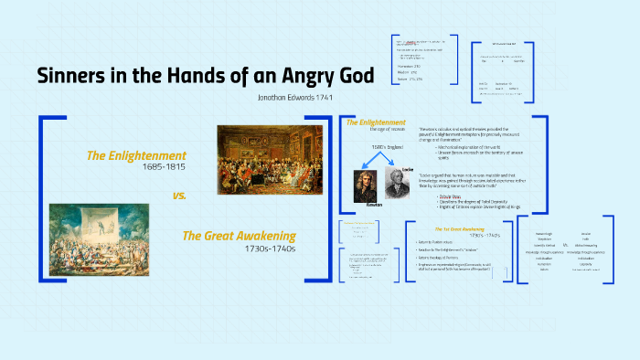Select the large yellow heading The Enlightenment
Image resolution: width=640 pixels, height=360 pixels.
point(136,155)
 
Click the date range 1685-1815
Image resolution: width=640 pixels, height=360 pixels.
point(165,167)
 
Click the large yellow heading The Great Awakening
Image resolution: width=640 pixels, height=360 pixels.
point(240,236)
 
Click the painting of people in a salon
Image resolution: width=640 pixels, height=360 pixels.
point(264,154)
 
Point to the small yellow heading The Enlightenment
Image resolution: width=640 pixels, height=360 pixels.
point(376,122)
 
